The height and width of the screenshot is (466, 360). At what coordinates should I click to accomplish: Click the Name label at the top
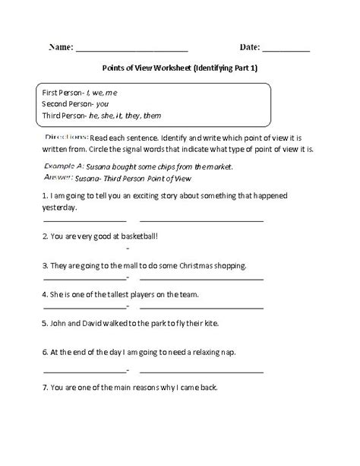point(61,47)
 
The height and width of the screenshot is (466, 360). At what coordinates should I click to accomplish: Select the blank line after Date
point(286,50)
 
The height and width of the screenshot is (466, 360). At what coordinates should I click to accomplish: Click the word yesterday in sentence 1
point(58,207)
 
